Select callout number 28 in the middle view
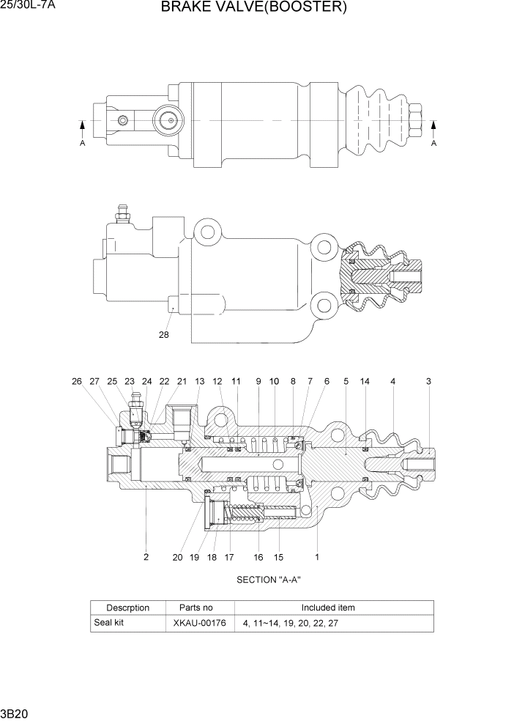click(163, 335)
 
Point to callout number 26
click(77, 381)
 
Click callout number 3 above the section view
click(428, 381)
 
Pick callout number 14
click(365, 381)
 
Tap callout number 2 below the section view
click(146, 557)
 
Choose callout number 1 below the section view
click(317, 557)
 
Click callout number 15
click(278, 557)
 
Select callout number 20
click(177, 557)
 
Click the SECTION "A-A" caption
click(269, 580)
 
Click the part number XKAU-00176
click(198, 624)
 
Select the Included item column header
click(328, 608)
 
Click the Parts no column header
click(196, 608)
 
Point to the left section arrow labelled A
click(83, 132)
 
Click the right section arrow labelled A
click(433, 132)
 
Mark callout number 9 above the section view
click(258, 381)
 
